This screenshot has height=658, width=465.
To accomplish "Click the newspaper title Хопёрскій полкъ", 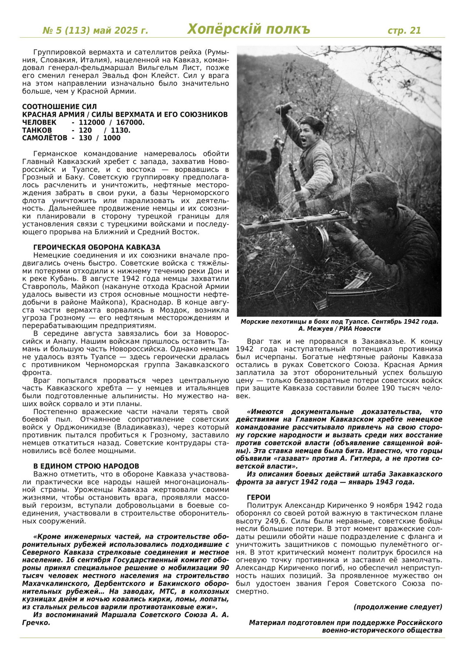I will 248,29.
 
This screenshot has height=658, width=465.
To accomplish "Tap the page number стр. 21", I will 404,30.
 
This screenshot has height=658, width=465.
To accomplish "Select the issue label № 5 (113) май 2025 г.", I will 95,31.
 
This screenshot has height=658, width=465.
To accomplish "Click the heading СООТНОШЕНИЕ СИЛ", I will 60,107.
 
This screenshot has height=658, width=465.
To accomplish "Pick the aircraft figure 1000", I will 112,138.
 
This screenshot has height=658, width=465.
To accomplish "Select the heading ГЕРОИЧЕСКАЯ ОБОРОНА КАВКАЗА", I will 97,247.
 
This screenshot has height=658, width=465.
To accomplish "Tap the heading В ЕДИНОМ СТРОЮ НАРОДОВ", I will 86,466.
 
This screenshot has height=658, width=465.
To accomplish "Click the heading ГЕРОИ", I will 259,497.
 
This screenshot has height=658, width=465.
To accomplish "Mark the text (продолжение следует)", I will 398,607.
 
